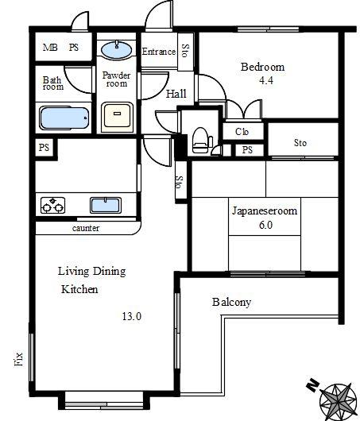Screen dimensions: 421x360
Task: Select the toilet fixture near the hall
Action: click(x=200, y=138)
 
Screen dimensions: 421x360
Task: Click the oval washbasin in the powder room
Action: click(x=117, y=50)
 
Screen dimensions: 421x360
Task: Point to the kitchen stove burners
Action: click(x=53, y=206)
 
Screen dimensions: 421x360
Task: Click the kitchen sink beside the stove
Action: click(x=106, y=206)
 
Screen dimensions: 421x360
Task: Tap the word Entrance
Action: click(x=158, y=52)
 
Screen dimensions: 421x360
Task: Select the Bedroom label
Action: click(x=262, y=67)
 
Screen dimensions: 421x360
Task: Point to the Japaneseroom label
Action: click(x=264, y=211)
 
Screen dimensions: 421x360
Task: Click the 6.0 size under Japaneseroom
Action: click(x=264, y=225)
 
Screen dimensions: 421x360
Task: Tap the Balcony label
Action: click(x=231, y=303)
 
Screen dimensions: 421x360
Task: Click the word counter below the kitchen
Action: click(x=86, y=229)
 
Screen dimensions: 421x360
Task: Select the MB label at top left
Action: click(x=49, y=48)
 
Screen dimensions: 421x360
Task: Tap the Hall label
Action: click(x=176, y=94)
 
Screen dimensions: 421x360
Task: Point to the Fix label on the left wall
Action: click(x=18, y=359)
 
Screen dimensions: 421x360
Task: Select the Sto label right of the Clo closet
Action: click(x=300, y=143)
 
